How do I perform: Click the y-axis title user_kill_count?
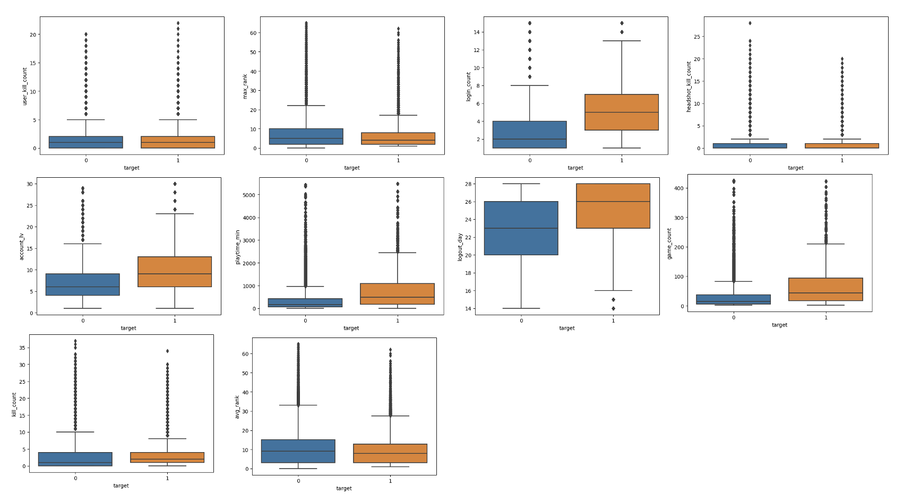[24, 86]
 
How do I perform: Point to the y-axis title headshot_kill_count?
[689, 86]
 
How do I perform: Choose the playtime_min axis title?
[238, 247]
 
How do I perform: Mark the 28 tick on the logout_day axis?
[468, 184]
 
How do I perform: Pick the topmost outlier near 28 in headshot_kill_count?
[750, 23]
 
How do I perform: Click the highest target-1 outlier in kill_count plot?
[167, 351]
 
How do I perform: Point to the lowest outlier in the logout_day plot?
[613, 308]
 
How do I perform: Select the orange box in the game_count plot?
[825, 289]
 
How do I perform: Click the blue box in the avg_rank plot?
[298, 451]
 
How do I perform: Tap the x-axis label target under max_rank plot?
[351, 168]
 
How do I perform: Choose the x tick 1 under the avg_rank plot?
[390, 481]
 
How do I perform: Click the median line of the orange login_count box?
[622, 112]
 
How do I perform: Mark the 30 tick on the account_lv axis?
[30, 184]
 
